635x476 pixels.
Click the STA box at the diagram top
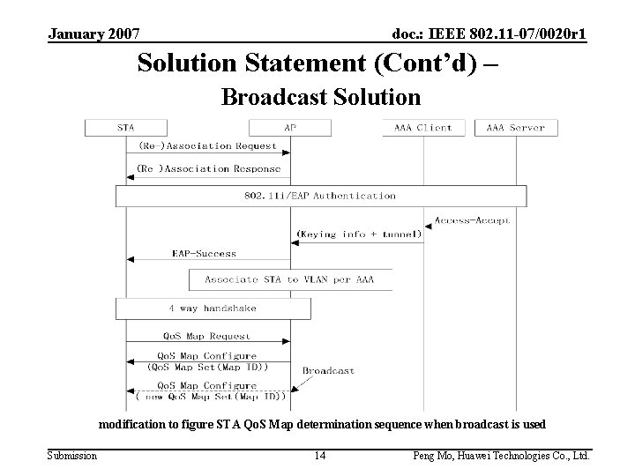point(126,128)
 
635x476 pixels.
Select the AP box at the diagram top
point(290,128)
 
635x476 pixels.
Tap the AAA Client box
point(423,128)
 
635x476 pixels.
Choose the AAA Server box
point(516,128)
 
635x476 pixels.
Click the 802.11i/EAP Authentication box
point(321,196)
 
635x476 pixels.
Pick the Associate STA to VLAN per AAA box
point(290,279)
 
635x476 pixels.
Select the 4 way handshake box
point(213,309)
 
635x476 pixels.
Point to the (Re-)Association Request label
point(207,145)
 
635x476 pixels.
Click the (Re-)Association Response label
point(209,168)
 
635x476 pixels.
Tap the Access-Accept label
point(473,221)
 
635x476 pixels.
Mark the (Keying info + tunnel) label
point(359,235)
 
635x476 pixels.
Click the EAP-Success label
point(204,254)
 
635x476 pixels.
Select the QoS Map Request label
point(206,336)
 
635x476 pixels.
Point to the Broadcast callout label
point(328,371)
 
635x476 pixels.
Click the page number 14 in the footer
point(321,456)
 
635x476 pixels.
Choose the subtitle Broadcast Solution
point(320,95)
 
